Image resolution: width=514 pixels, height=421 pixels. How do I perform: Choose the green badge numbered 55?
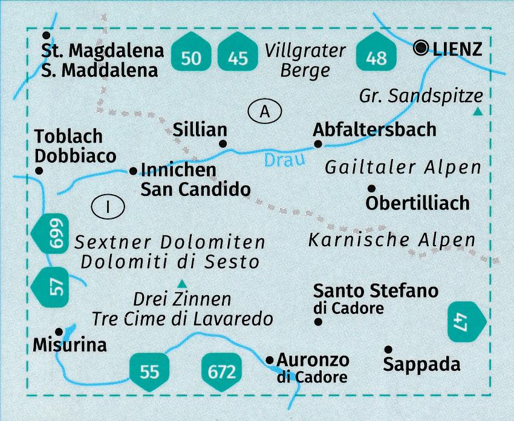click(x=149, y=370)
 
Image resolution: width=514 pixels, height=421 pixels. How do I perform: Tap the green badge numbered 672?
click(x=221, y=370)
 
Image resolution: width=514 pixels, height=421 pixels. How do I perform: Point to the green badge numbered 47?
click(x=466, y=321)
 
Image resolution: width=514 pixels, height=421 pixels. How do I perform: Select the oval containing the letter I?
click(x=108, y=207)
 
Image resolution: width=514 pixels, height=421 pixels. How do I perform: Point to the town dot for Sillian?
click(x=223, y=144)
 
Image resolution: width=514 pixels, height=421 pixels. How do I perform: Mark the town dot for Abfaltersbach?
click(x=318, y=144)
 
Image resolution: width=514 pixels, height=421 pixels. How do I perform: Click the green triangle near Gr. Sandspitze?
click(x=478, y=111)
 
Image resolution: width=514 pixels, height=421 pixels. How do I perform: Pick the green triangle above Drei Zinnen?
click(x=181, y=282)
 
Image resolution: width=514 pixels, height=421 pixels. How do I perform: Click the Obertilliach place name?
click(x=417, y=203)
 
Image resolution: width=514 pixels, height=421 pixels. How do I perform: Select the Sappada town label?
click(x=421, y=364)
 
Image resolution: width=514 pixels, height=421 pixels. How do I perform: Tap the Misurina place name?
click(x=70, y=345)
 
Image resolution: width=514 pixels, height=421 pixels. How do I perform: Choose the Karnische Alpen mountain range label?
click(x=392, y=240)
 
